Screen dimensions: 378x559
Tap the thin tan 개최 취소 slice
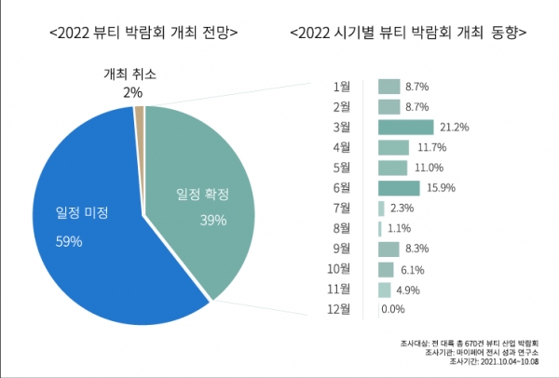[140, 114]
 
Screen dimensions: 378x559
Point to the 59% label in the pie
[69, 242]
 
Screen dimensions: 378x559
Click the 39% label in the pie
[213, 221]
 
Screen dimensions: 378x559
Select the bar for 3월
[405, 128]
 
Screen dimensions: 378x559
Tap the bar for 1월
[389, 87]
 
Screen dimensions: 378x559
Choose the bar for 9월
[388, 250]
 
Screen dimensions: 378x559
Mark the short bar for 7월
[381, 209]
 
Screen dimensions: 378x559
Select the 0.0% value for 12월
[392, 310]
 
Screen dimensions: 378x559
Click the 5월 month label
[342, 168]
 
